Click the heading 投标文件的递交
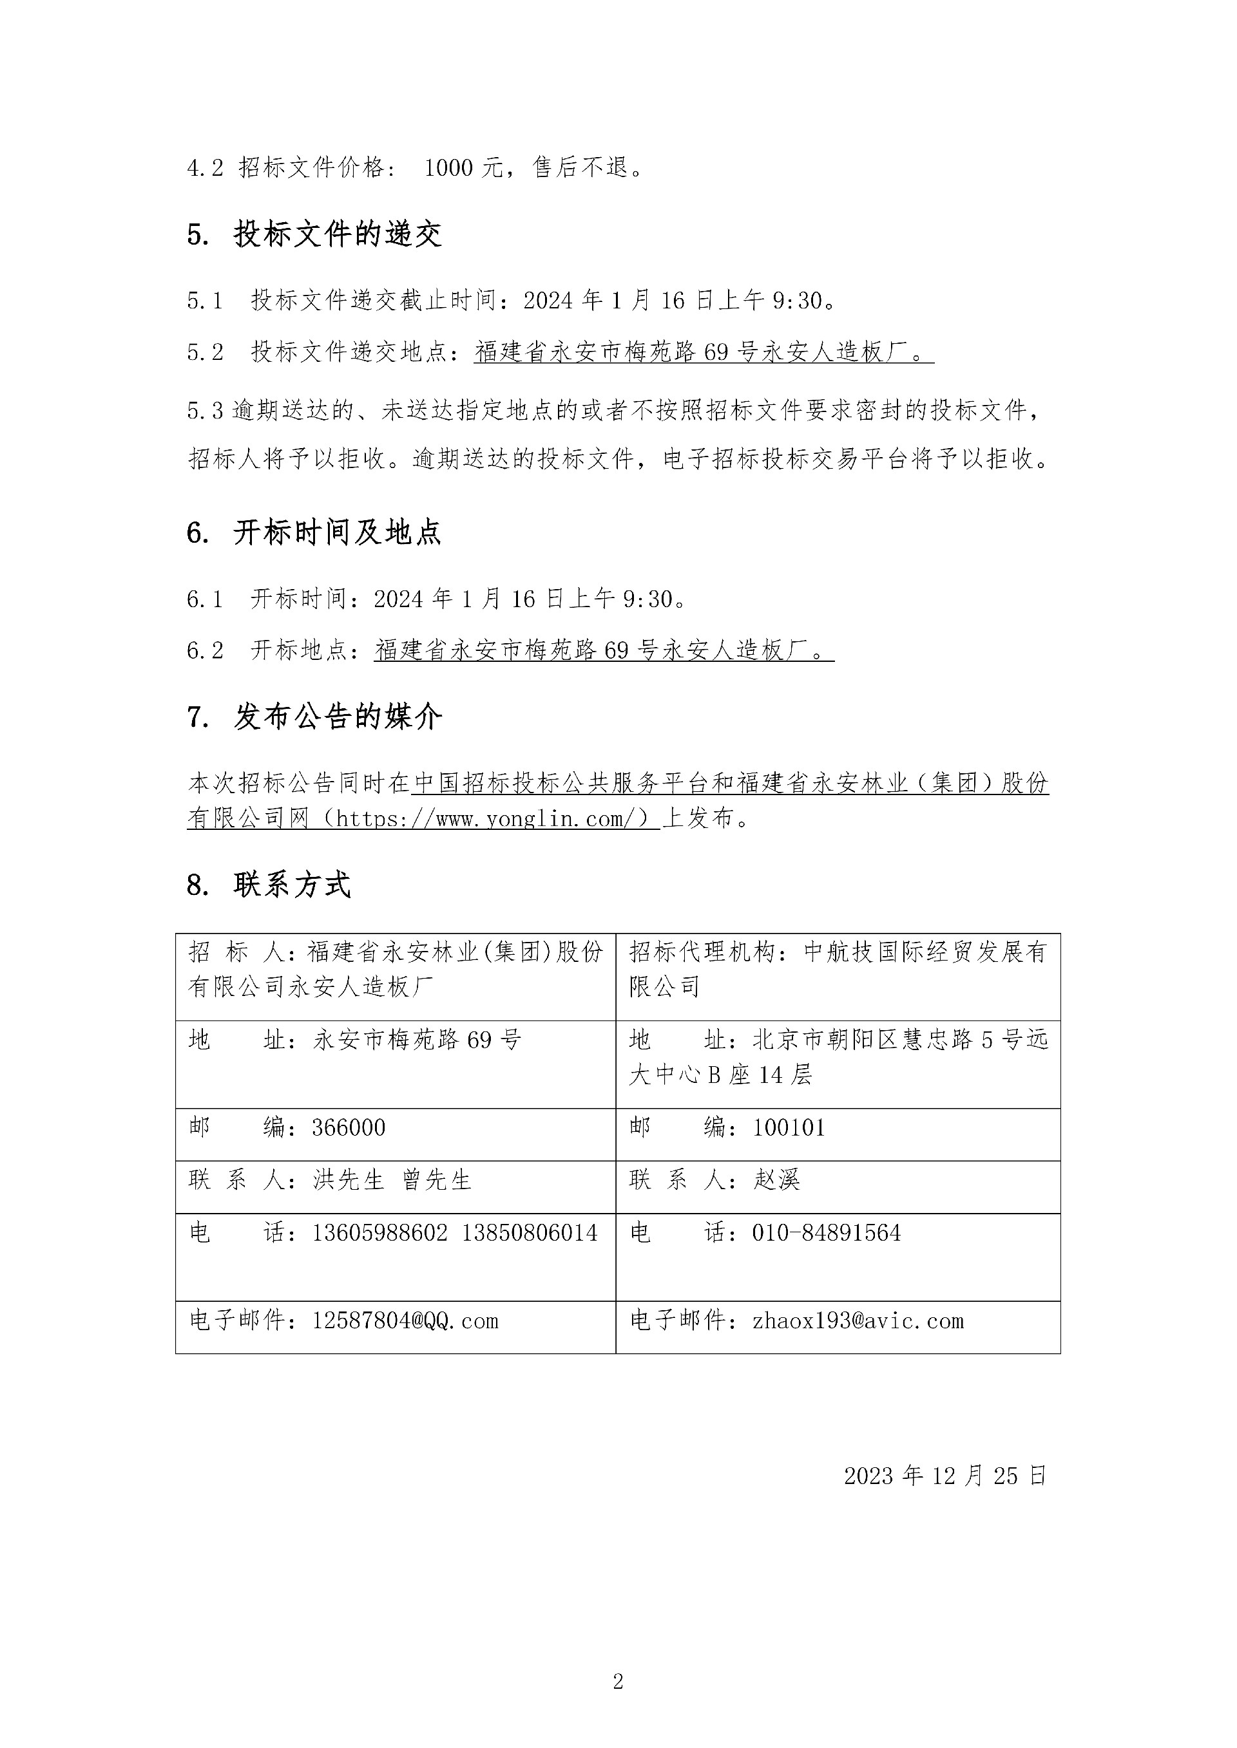337,234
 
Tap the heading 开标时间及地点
337,532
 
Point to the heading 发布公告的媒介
337,717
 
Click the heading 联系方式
292,885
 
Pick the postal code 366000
348,1127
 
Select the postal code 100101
789,1127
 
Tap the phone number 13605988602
379,1232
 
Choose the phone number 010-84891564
826,1232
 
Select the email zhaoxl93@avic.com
858,1320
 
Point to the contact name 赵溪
776,1180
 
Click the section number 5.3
205,411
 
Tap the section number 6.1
204,599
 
